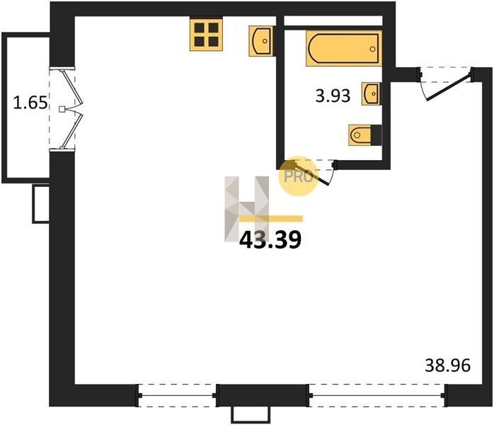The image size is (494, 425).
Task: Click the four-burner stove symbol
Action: tap(207, 35)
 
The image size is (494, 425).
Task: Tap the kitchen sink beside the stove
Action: tap(261, 41)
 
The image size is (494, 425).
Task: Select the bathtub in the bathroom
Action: tap(344, 48)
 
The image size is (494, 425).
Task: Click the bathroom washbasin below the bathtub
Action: tap(371, 93)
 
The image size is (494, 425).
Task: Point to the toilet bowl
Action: tap(360, 135)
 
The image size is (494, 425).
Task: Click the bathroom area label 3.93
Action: tap(333, 96)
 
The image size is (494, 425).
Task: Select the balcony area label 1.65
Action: tap(30, 103)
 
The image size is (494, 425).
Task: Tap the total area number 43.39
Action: tap(270, 240)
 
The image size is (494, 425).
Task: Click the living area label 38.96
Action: tap(448, 365)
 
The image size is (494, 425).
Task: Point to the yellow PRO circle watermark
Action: tap(299, 176)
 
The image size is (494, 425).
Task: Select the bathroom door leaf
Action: tap(312, 174)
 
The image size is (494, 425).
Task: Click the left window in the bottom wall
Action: tap(177, 395)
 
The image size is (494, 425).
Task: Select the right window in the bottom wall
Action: tap(377, 395)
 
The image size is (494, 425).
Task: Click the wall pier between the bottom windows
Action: tap(263, 395)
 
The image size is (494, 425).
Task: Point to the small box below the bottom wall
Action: tap(251, 414)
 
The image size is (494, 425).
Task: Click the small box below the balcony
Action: tap(41, 204)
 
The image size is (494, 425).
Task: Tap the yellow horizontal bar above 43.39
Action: tap(271, 218)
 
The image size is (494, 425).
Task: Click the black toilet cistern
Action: tap(377, 135)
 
